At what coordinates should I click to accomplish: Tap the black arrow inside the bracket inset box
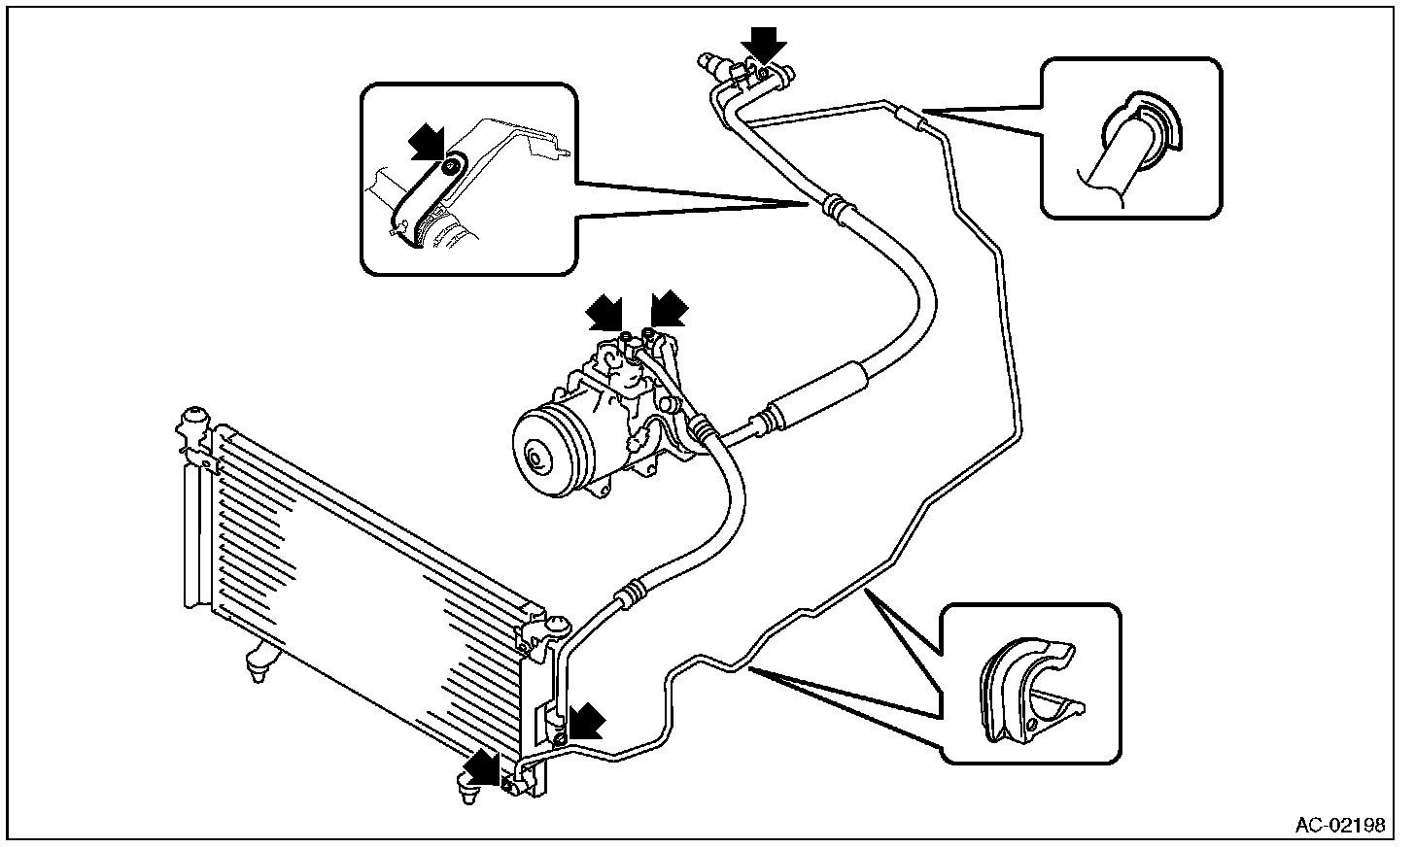428,142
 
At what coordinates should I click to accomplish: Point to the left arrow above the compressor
604,312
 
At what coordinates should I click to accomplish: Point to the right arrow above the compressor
670,309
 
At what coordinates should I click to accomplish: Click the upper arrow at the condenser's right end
587,721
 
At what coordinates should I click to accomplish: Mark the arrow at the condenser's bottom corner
481,767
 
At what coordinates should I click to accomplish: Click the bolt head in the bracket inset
450,167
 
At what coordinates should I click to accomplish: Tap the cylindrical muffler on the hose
816,391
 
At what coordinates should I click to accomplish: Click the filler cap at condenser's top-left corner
194,420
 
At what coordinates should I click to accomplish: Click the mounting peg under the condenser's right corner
468,788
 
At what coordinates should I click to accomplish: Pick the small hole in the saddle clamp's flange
1033,724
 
